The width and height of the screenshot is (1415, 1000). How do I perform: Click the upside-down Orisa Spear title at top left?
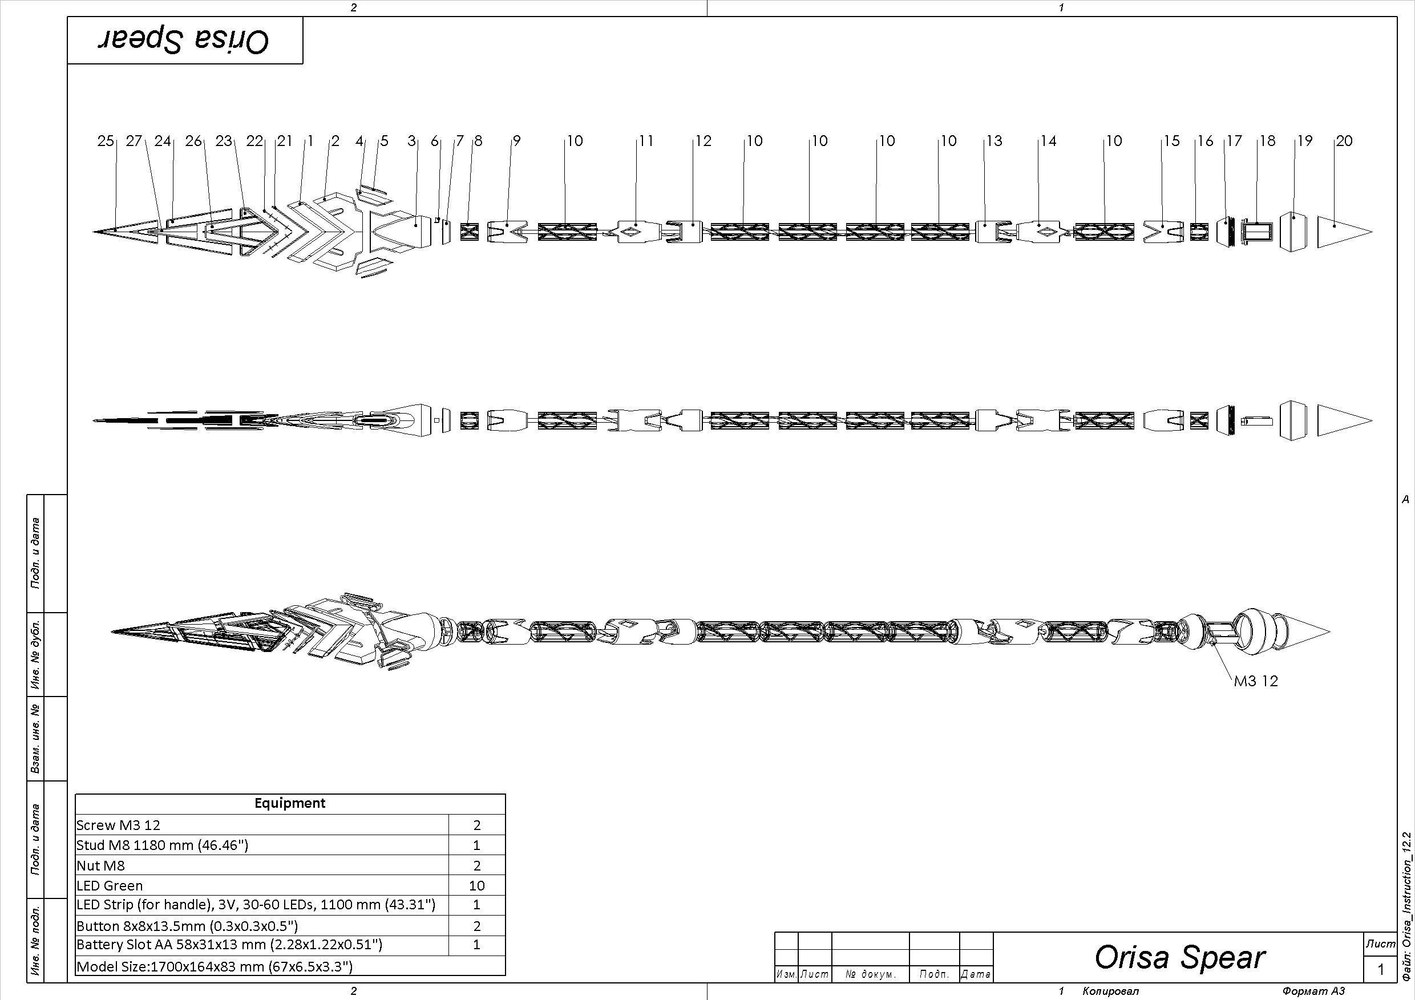point(184,41)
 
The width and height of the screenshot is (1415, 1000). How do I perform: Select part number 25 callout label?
point(106,141)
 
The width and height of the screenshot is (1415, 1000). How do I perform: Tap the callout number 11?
point(645,141)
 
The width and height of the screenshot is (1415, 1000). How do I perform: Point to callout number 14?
point(1048,141)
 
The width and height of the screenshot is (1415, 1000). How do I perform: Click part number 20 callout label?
point(1344,141)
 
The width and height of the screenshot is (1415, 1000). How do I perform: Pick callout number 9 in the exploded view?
point(516,141)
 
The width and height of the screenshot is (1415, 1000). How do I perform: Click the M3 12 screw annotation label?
point(1255,681)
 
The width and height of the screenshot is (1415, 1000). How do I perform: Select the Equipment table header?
point(290,803)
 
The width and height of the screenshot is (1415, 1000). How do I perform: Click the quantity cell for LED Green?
point(476,886)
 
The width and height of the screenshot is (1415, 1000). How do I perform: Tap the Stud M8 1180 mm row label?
point(162,845)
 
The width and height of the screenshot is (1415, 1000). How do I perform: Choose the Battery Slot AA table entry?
point(229,945)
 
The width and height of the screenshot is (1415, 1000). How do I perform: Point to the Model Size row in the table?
point(215,967)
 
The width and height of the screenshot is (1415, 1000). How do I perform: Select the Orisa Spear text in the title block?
point(1179,957)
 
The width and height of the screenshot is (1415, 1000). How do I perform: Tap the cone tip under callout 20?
point(1345,232)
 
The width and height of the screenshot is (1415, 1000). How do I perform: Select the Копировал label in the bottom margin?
point(1110,991)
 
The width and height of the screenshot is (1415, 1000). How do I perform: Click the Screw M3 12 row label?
point(118,825)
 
